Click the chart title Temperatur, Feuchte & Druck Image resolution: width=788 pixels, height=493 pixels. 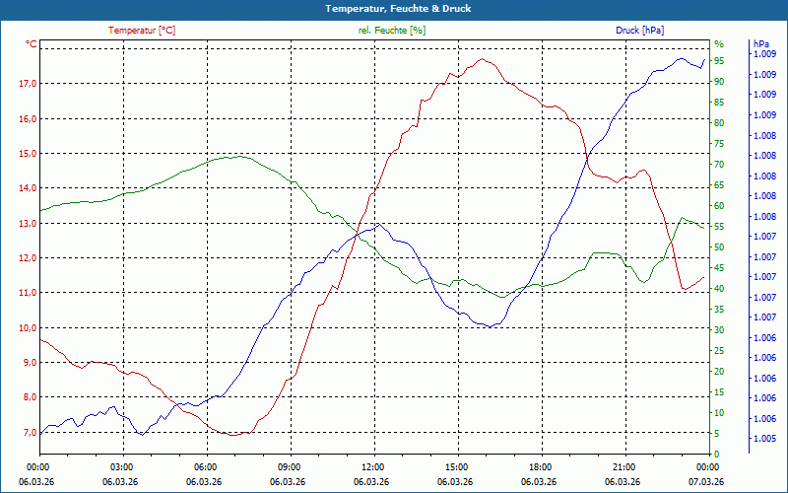coord(393,8)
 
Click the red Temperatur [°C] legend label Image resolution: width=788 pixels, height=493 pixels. coord(142,31)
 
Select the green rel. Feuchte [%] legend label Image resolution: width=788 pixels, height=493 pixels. coord(392,31)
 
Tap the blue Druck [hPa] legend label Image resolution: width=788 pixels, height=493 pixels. coord(639,31)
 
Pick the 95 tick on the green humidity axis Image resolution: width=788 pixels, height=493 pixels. coord(719,61)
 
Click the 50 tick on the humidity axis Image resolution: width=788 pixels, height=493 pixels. coord(719,247)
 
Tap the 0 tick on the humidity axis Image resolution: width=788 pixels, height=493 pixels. coord(717,455)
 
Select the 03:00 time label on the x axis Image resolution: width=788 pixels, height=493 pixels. coord(122,467)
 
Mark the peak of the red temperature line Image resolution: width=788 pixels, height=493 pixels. coord(482,59)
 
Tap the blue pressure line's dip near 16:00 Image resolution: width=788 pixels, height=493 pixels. coord(489,326)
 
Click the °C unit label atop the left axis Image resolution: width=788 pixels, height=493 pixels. coord(32,44)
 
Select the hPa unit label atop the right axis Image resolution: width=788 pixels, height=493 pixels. coord(761,44)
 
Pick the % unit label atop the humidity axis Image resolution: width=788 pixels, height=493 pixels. coord(719,44)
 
